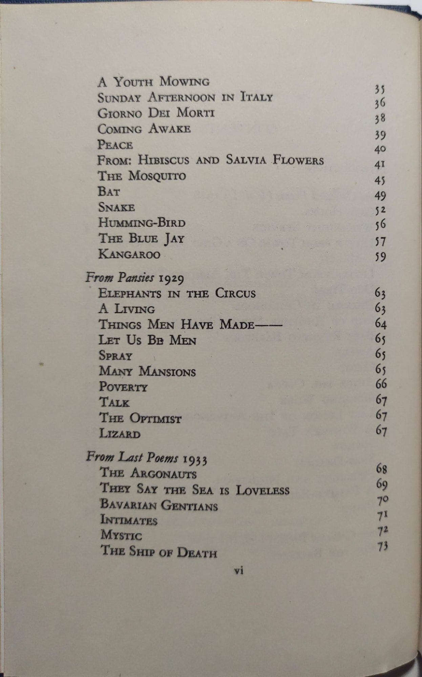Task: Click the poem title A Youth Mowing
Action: (x=153, y=82)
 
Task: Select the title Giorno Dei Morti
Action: (x=156, y=113)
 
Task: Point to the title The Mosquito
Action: (x=142, y=176)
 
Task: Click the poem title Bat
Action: (x=109, y=192)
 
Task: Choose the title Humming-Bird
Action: (x=142, y=223)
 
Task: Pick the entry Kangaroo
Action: (x=129, y=254)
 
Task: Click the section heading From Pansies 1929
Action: (x=134, y=278)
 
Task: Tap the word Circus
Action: (x=235, y=293)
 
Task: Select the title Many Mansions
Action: (x=147, y=371)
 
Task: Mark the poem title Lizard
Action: (x=120, y=434)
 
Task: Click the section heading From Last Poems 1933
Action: (x=146, y=458)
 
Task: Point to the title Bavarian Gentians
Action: (x=159, y=505)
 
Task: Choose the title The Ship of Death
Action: (x=159, y=552)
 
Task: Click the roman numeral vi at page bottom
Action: (x=239, y=571)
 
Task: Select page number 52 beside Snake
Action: (x=380, y=211)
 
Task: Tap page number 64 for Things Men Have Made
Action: (x=381, y=324)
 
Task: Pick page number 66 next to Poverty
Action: (x=381, y=384)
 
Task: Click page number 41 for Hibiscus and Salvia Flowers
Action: (x=380, y=165)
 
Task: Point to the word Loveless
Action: (x=262, y=490)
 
